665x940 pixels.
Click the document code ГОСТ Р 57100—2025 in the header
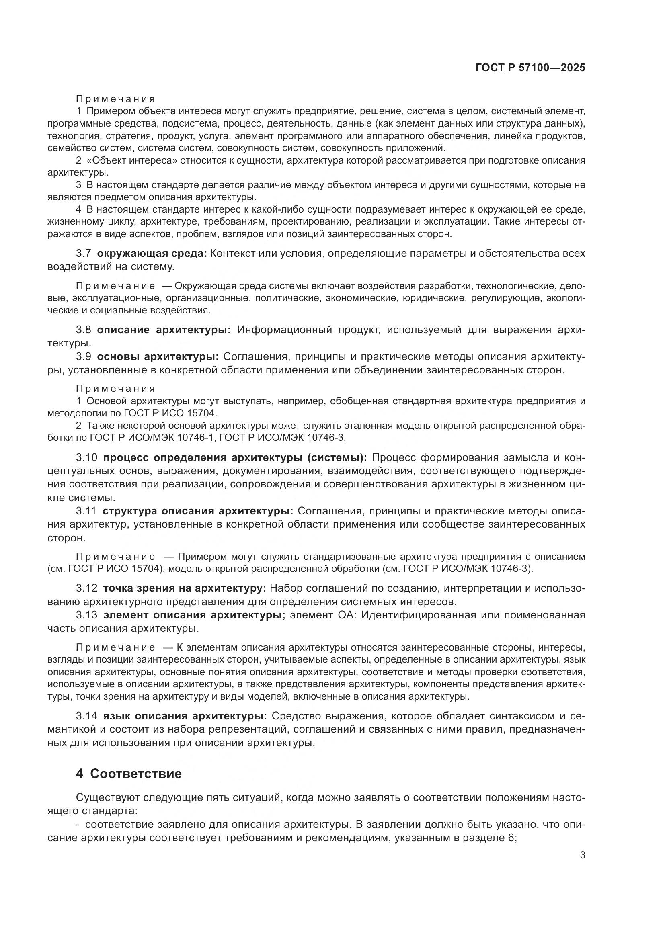point(530,68)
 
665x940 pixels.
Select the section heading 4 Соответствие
point(129,774)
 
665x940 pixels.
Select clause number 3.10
point(86,457)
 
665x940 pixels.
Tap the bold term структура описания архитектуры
point(198,511)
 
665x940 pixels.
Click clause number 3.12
point(86,588)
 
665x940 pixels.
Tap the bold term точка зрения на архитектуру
point(184,588)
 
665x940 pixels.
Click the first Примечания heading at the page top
point(115,99)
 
